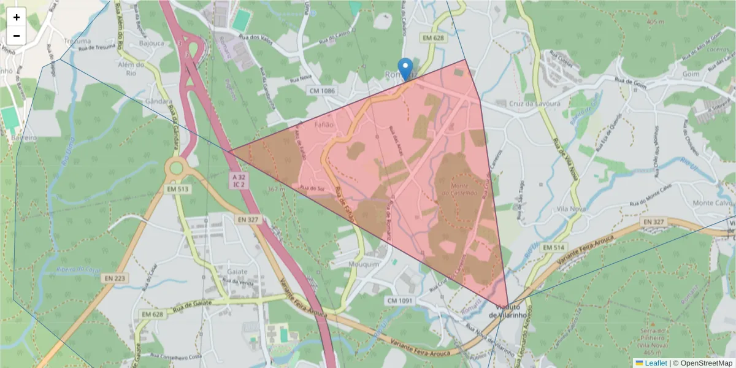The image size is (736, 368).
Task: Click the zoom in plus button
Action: click(x=17, y=17)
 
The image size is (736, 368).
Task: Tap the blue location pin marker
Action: click(x=405, y=69)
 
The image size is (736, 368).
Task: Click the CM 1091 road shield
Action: click(x=400, y=301)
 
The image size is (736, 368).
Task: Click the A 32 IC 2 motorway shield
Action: click(x=238, y=180)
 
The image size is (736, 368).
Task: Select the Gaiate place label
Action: click(x=237, y=272)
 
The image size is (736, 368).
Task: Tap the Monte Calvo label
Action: click(x=711, y=203)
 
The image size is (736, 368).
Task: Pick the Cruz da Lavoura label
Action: click(x=535, y=104)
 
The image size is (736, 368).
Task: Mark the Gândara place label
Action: click(x=158, y=101)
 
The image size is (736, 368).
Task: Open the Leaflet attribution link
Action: click(x=656, y=363)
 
